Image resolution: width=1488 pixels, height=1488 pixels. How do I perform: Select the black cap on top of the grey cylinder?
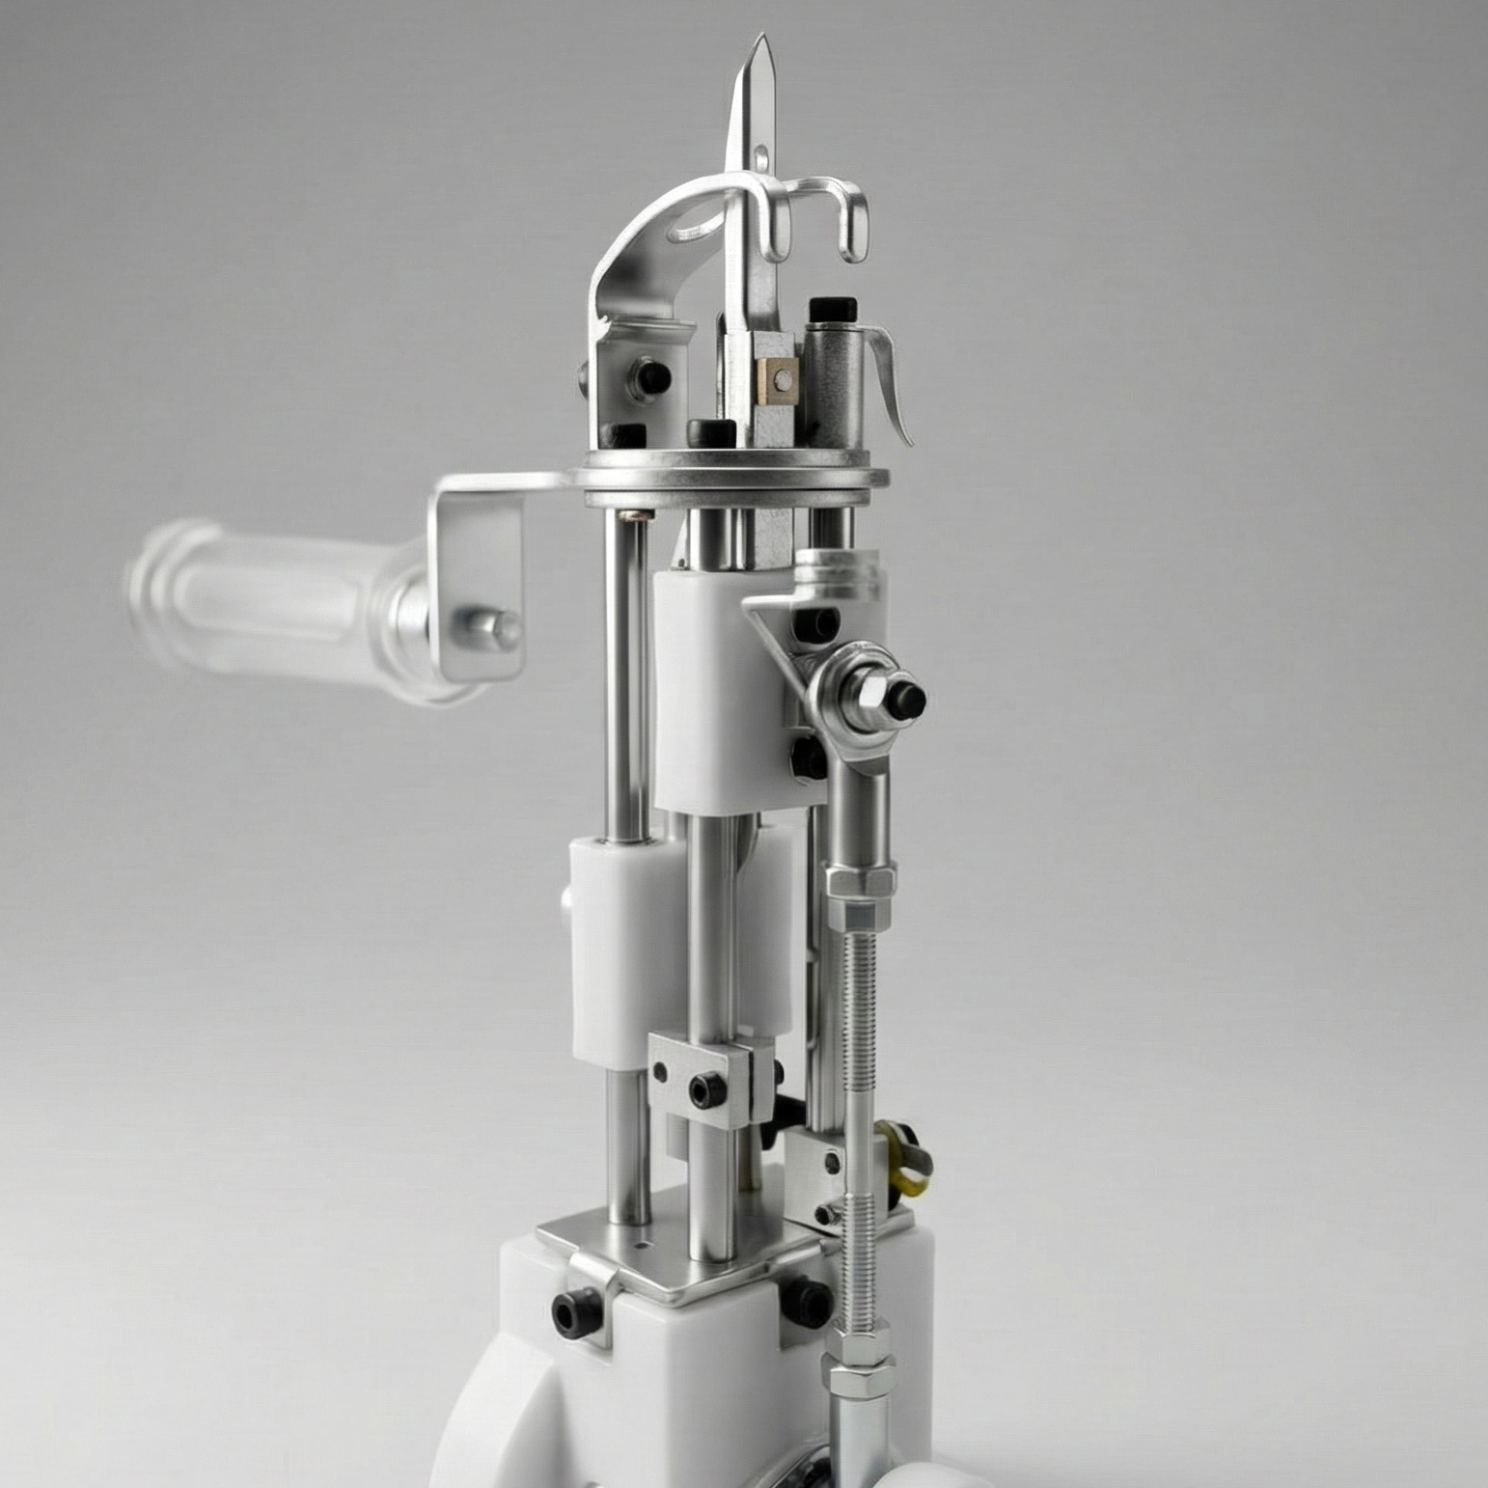(x=833, y=311)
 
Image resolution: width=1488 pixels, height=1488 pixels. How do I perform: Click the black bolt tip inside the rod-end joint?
(x=906, y=695)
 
